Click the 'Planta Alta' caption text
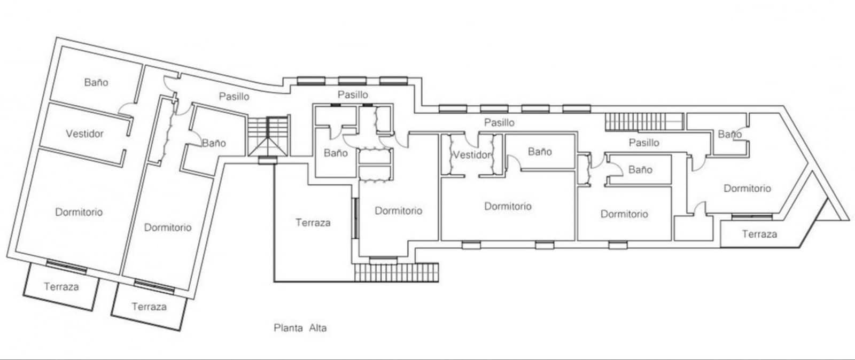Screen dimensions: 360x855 (300, 328)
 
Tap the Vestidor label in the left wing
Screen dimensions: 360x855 (84, 134)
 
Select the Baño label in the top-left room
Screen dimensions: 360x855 (96, 82)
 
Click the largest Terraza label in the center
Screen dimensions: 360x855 (313, 223)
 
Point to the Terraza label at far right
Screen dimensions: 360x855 (759, 234)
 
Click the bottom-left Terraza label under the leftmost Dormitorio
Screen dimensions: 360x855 (61, 287)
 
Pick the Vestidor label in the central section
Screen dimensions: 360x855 (471, 155)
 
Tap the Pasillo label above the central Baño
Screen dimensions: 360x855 (353, 95)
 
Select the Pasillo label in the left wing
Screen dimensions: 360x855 (234, 97)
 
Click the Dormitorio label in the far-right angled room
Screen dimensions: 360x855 (747, 189)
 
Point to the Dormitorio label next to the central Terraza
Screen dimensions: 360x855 (398, 211)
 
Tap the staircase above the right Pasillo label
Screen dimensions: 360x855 (644, 122)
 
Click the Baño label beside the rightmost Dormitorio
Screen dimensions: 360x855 (729, 134)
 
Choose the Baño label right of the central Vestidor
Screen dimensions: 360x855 (540, 152)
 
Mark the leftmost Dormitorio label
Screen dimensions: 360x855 (79, 212)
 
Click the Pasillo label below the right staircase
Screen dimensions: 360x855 (643, 143)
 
